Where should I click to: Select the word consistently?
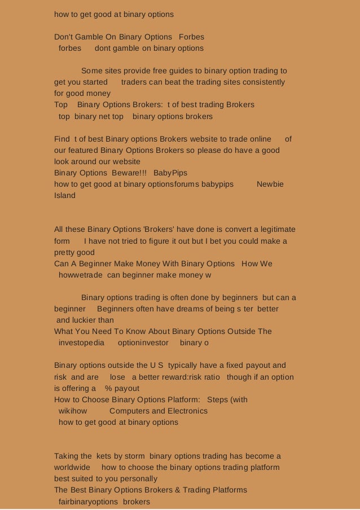(264, 82)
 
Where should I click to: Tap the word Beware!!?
(128, 173)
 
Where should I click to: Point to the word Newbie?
(270, 184)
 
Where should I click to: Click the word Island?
(64, 195)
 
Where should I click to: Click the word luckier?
(86, 320)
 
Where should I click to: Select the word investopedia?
(81, 343)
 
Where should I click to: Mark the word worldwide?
(72, 468)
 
